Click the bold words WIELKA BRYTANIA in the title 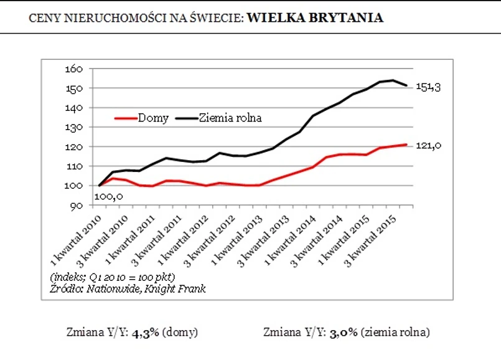point(315,17)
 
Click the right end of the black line point(407,85)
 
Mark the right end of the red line point(407,144)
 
